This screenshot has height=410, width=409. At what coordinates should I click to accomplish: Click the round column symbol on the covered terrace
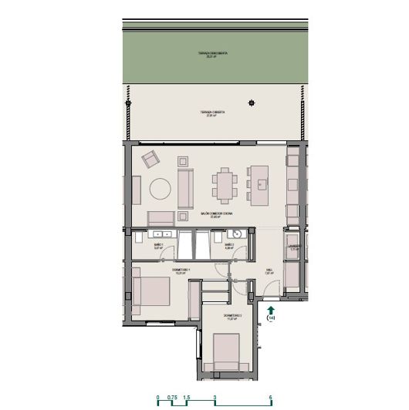point(250,102)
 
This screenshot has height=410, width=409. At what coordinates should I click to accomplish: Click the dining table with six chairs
point(226,184)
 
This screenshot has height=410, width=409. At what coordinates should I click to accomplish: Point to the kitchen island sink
point(262,184)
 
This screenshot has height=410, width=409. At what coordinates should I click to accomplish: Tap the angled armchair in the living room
point(150,160)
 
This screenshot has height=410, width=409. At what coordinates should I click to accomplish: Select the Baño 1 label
point(157,247)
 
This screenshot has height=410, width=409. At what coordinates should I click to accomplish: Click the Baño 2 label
point(228,247)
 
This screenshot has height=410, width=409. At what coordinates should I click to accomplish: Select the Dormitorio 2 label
point(233,317)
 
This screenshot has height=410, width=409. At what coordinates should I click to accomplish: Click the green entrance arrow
point(270,307)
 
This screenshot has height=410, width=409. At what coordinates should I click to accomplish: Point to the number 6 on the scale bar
point(271,398)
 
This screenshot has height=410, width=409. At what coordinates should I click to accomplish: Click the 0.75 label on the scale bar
point(172,398)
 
